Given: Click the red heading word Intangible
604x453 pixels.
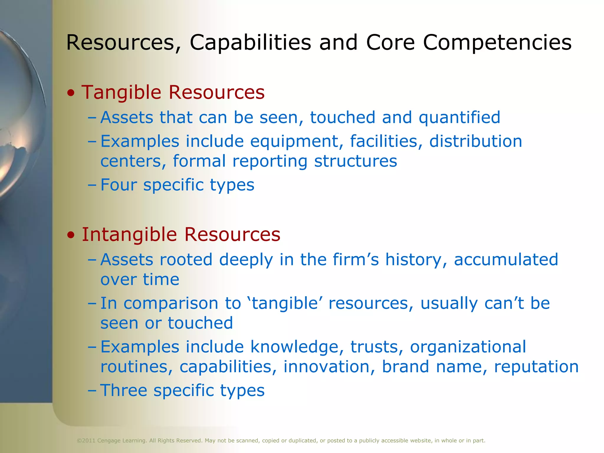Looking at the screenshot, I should click(x=129, y=235).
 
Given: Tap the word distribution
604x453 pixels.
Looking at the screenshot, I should click(x=476, y=141).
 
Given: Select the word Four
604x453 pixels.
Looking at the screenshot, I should click(x=119, y=185).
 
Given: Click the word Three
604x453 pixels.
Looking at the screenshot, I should click(x=124, y=390).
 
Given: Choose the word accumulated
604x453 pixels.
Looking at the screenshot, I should click(x=506, y=260).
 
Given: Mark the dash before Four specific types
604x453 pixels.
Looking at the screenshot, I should click(x=92, y=185).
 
